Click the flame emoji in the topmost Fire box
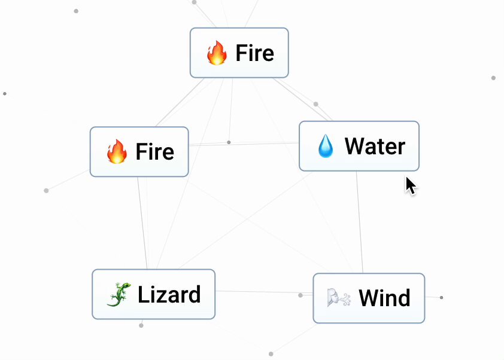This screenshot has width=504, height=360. (217, 53)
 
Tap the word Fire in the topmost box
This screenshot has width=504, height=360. (254, 53)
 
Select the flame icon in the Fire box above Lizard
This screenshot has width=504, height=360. (117, 152)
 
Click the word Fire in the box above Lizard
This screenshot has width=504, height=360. (154, 152)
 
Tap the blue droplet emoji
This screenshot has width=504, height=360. (326, 147)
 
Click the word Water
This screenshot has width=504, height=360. (375, 147)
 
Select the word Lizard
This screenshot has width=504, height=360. (169, 295)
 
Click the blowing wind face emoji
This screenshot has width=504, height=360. (339, 298)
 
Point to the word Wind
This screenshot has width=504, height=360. (384, 298)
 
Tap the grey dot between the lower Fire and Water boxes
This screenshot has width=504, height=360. (229, 142)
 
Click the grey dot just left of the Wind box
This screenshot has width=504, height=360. (300, 295)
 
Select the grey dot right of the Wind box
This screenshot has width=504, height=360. (441, 297)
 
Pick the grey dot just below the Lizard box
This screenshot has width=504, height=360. (141, 325)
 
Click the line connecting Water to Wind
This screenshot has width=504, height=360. (359, 221)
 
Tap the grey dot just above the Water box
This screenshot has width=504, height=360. (316, 104)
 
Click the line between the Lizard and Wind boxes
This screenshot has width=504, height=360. (257, 292)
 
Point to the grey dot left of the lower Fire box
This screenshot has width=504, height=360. (46, 191)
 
